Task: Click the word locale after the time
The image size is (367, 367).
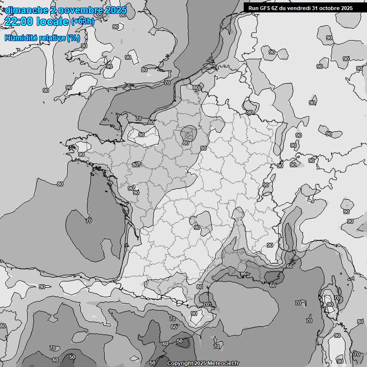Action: coord(53,21)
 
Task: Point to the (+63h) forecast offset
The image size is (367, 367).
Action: coord(83,22)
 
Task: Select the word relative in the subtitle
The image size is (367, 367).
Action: coord(51,38)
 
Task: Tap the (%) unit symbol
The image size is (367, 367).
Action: coord(74,38)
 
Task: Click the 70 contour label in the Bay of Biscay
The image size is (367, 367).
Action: coord(89,220)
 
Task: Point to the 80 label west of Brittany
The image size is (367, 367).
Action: coord(60,184)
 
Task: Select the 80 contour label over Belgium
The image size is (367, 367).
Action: coord(196,88)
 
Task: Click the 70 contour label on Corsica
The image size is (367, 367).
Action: coord(336,298)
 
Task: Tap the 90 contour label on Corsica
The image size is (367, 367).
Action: coord(330,304)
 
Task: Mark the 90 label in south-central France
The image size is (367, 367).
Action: coord(196,228)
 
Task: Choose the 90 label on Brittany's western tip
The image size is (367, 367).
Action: coord(81,154)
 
